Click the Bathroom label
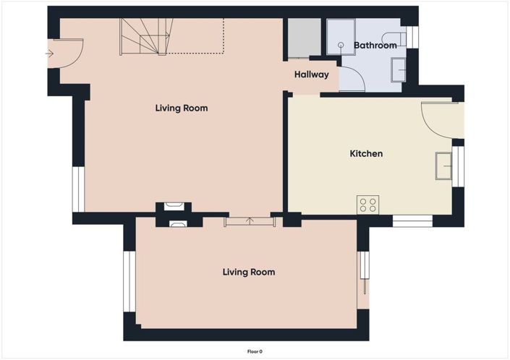click(x=375, y=46)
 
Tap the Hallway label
click(x=311, y=74)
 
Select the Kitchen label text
click(x=366, y=153)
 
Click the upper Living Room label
click(x=181, y=108)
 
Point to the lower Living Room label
click(x=248, y=272)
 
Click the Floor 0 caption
click(x=255, y=351)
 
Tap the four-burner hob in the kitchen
click(x=367, y=205)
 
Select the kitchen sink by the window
click(x=443, y=166)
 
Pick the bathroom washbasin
click(x=398, y=69)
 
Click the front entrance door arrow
click(x=49, y=53)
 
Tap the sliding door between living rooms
click(x=250, y=220)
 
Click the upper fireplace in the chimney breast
click(x=174, y=207)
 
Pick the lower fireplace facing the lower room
click(x=177, y=223)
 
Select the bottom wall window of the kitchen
click(x=412, y=220)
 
